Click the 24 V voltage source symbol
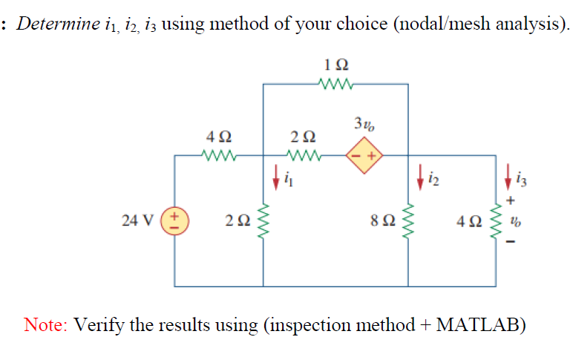click(x=174, y=220)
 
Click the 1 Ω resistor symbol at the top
click(x=335, y=84)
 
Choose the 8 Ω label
click(x=380, y=220)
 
